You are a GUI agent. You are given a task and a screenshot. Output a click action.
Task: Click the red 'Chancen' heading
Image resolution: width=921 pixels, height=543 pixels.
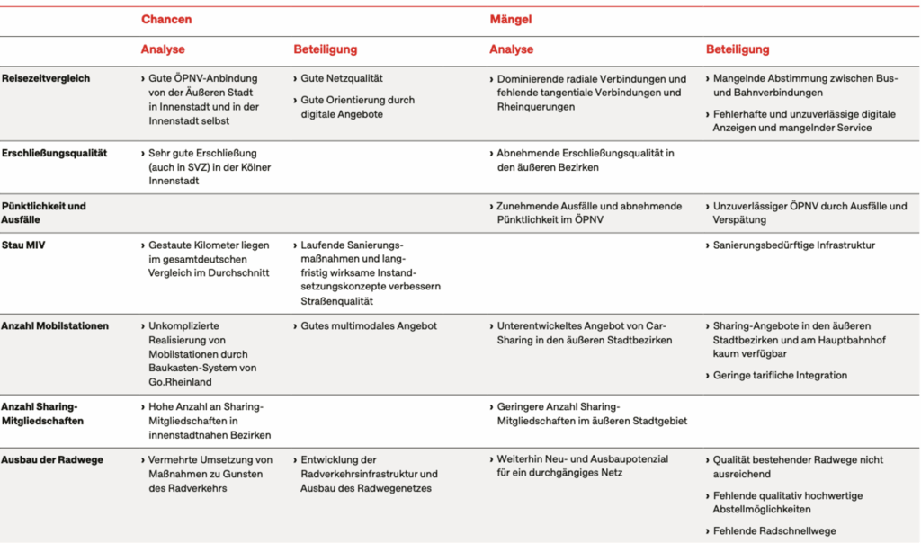click(166, 19)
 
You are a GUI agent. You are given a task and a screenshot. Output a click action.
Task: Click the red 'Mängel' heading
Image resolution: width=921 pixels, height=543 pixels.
click(510, 19)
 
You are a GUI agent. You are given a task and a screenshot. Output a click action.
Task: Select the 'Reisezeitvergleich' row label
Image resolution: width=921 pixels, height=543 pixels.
click(46, 78)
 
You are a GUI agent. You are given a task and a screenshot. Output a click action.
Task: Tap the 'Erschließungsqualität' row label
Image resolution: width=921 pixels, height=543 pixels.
click(54, 153)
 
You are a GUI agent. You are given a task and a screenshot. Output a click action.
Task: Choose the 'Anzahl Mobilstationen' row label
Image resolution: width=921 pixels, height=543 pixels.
click(55, 325)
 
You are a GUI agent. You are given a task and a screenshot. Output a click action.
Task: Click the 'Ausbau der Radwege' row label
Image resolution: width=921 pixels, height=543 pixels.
click(52, 459)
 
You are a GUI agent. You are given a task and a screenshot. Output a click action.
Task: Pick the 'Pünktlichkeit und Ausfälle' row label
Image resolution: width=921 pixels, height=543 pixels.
click(44, 212)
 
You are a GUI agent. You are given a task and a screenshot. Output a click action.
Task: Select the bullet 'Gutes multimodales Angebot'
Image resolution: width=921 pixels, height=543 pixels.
click(369, 325)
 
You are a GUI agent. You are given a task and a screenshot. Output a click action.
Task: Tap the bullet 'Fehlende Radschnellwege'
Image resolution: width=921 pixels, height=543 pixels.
click(774, 531)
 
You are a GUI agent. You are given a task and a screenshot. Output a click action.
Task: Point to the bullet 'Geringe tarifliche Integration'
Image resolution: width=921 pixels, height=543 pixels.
click(780, 375)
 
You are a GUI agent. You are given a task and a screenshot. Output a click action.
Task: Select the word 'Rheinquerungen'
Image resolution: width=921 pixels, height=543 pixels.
click(537, 107)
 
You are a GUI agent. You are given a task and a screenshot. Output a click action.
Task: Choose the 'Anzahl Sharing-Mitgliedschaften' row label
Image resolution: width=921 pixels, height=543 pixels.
click(42, 414)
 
